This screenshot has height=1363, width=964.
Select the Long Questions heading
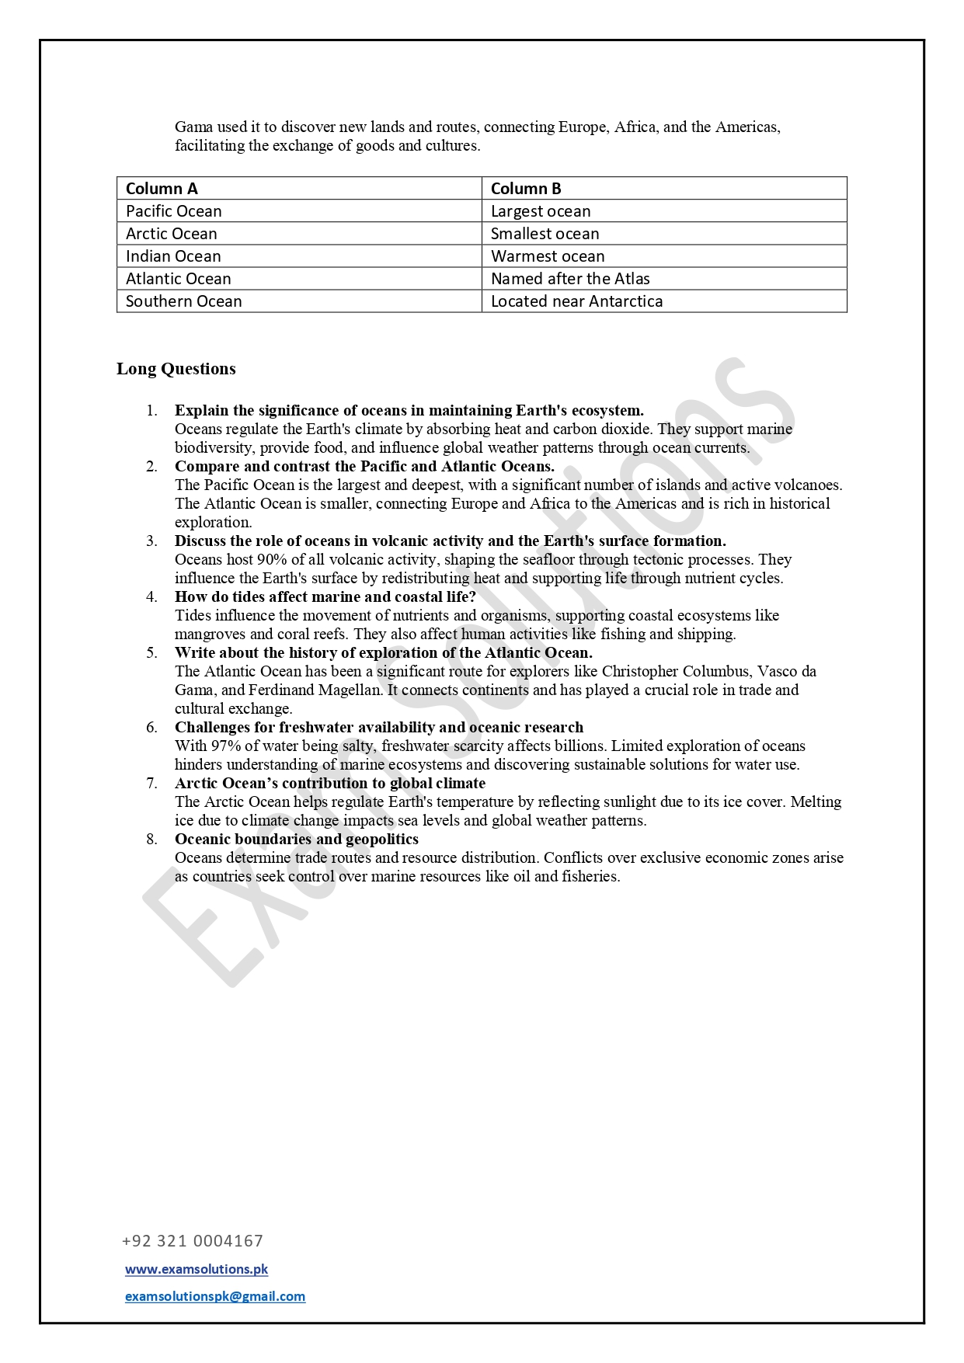(176, 369)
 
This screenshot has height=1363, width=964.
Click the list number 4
(151, 596)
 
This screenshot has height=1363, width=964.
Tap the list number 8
(151, 839)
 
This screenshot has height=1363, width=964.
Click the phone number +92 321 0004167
(193, 1241)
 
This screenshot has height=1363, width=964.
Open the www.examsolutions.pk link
(197, 1269)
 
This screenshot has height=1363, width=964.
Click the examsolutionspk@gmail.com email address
(215, 1296)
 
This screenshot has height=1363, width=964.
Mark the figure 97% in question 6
(226, 746)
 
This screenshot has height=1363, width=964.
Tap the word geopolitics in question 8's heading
(382, 839)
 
